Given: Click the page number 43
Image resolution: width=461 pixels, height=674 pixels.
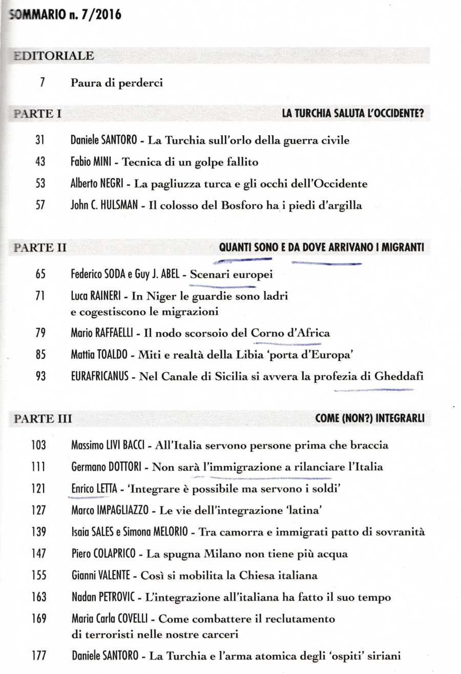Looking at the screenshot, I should coord(41,162).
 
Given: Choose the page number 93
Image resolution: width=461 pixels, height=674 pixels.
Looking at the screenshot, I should coord(41,376).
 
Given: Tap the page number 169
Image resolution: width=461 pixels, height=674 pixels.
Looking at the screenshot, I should coord(39,619).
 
